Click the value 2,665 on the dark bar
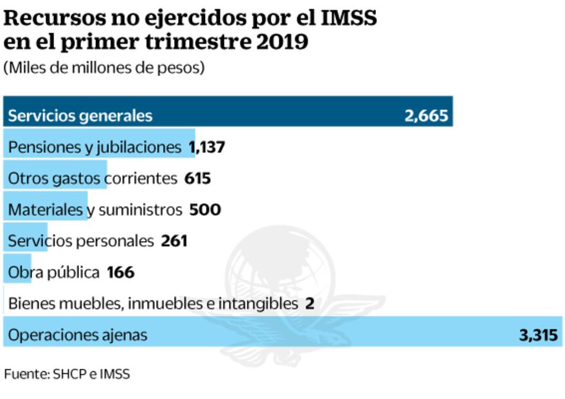pyautogui.click(x=426, y=116)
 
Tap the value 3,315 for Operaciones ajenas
pyautogui.click(x=538, y=335)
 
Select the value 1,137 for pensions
pyautogui.click(x=206, y=147)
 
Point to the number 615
pyautogui.click(x=197, y=178)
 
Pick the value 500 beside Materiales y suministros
pyautogui.click(x=205, y=210)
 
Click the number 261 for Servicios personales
pyautogui.click(x=174, y=241)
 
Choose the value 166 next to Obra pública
pyautogui.click(x=121, y=272)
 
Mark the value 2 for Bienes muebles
pyautogui.click(x=310, y=303)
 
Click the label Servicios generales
pyautogui.click(x=80, y=116)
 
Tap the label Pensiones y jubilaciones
pyautogui.click(x=94, y=147)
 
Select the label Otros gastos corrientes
pyautogui.click(x=93, y=178)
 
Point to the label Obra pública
pyautogui.click(x=54, y=272)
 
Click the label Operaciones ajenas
pyautogui.click(x=78, y=335)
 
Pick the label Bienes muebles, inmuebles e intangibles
pyautogui.click(x=153, y=303)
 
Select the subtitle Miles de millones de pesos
pyautogui.click(x=104, y=68)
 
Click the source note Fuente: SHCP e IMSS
pyautogui.click(x=67, y=373)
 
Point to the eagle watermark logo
pyautogui.click(x=283, y=290)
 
